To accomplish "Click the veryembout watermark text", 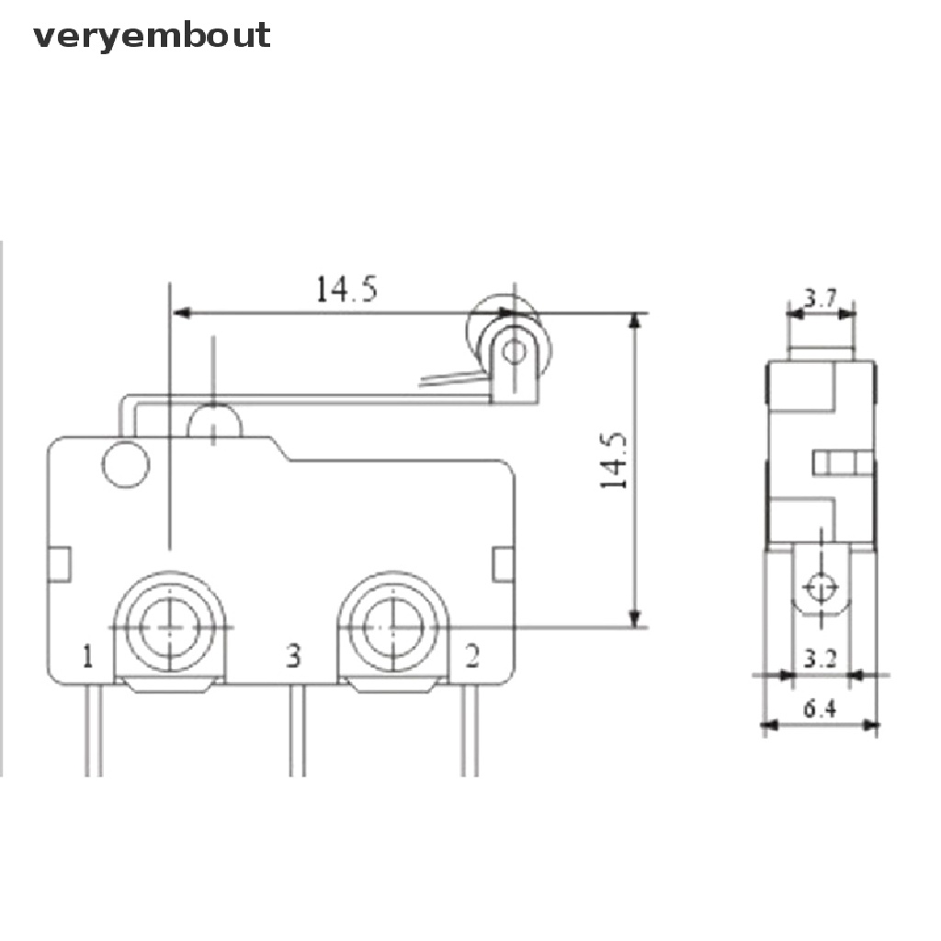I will [x=152, y=36].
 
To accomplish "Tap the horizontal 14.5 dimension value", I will [x=346, y=289].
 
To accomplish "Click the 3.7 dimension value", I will [x=821, y=298].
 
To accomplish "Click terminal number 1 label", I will [x=87, y=656].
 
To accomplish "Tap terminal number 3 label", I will [x=292, y=656].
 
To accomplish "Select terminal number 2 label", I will [x=471, y=656].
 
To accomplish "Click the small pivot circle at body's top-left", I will [x=125, y=464].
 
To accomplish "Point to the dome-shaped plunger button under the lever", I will [x=214, y=421].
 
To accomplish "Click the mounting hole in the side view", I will [x=821, y=586].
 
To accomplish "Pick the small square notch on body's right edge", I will [x=503, y=564].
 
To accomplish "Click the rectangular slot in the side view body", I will [x=842, y=462].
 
